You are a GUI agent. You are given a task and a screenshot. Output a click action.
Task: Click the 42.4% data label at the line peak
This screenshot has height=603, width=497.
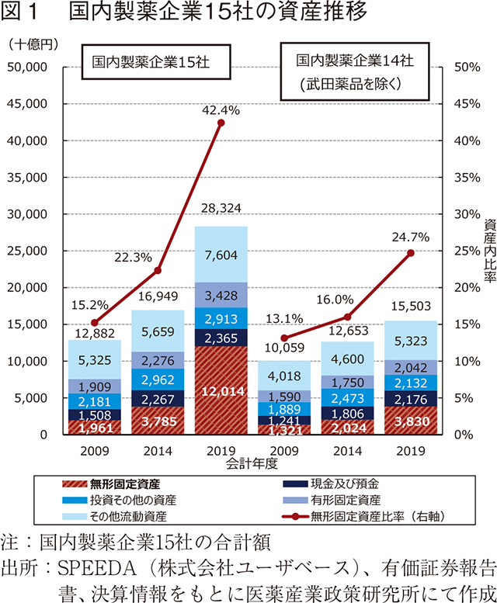(221, 111)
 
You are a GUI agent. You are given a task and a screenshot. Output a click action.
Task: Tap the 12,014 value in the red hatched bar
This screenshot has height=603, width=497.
(221, 391)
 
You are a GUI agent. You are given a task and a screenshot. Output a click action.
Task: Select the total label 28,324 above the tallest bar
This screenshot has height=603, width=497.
(221, 209)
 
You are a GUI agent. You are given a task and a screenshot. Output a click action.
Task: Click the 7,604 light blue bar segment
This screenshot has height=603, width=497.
(221, 256)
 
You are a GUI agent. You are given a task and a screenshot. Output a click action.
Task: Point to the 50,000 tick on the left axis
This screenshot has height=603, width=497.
(28, 68)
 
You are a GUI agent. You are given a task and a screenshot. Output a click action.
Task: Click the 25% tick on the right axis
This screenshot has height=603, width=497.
(465, 251)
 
